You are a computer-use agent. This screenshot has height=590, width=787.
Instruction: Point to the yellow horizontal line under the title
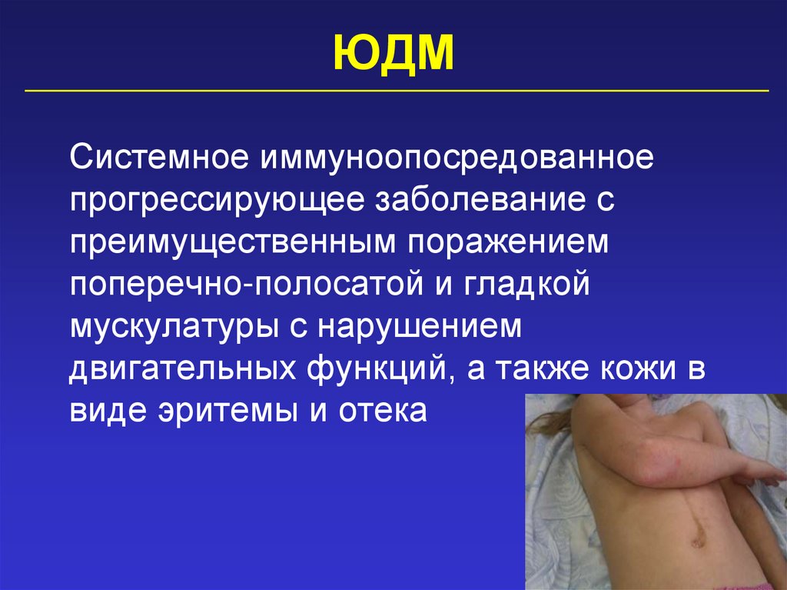(x=397, y=91)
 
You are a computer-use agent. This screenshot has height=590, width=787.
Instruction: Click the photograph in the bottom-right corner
(x=655, y=492)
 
